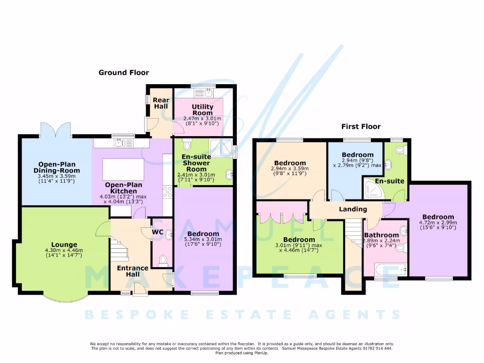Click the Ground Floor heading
point(123,72)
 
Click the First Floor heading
point(361,126)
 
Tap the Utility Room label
point(202,110)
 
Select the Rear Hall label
point(161,103)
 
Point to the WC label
point(157,232)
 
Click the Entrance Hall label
point(133,271)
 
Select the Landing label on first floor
point(353,209)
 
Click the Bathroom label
point(381,235)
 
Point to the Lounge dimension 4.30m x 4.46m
point(63,252)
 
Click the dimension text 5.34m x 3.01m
point(203,242)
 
